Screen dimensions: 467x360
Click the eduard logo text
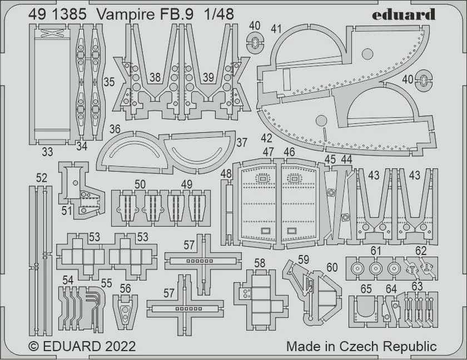[404, 14]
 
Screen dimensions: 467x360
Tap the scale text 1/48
[219, 14]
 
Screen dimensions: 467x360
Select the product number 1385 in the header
[68, 14]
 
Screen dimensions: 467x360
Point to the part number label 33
[47, 152]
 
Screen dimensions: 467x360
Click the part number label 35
[109, 82]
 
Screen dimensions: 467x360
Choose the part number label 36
[115, 129]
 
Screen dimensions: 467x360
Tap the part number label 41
[276, 29]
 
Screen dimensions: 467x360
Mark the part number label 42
[266, 138]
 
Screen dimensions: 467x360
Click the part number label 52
[41, 178]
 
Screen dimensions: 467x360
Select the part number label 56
[125, 288]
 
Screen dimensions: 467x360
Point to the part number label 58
[260, 263]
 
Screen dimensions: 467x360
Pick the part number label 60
[332, 267]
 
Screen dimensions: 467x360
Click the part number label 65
[366, 289]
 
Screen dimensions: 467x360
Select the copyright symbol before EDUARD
[34, 347]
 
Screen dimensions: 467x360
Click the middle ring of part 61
[376, 269]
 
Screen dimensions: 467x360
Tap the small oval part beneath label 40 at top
[255, 43]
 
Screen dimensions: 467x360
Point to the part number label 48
[226, 174]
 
